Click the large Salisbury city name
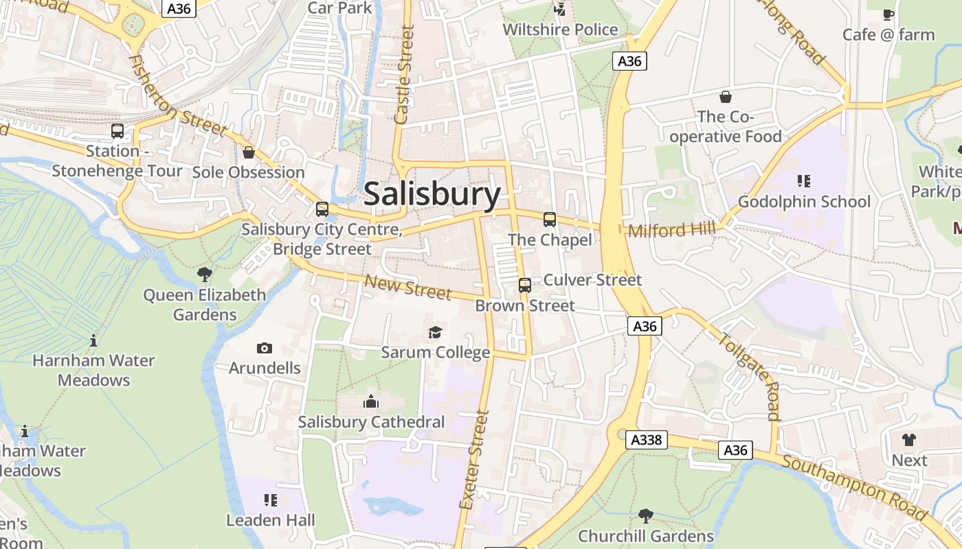(432, 194)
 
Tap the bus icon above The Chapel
(550, 220)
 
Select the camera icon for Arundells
(265, 349)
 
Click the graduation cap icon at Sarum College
(436, 333)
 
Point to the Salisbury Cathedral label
(371, 422)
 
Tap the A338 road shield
(647, 440)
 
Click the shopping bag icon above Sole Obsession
(249, 152)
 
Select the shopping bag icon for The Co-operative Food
(725, 97)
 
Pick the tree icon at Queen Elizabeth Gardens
(204, 275)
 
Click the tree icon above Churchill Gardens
(645, 515)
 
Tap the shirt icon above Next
(909, 440)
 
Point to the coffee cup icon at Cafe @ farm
(888, 14)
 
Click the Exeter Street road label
(475, 460)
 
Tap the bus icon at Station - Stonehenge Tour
(118, 130)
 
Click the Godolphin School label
(804, 202)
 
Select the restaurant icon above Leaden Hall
(271, 500)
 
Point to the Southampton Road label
(854, 488)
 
